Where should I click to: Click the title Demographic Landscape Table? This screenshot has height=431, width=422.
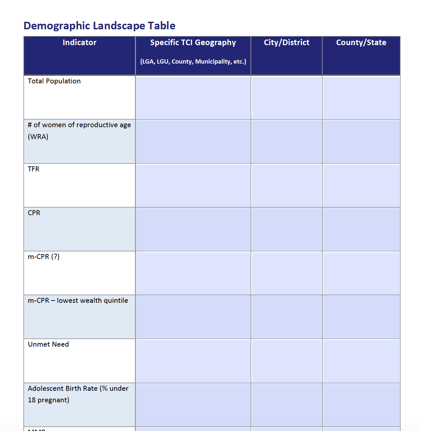pos(99,26)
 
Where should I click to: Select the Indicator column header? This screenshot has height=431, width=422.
pos(80,43)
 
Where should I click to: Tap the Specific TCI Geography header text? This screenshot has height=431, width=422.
pos(193,43)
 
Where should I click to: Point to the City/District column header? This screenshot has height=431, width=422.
pos(286,43)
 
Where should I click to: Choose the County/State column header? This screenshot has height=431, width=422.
pos(361,43)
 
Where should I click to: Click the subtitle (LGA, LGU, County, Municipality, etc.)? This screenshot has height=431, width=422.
pos(193,62)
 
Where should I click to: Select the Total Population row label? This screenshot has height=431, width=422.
pos(54,81)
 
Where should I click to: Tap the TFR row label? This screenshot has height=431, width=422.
pos(34,169)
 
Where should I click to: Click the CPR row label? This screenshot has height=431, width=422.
pos(34,213)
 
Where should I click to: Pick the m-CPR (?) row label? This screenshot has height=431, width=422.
pos(44,257)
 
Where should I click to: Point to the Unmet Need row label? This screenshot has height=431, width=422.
pos(48,344)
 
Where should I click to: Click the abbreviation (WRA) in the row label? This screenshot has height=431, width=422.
pos(38,137)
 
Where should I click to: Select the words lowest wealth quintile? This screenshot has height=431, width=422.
pos(92,301)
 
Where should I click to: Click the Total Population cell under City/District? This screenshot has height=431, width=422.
pos(286,98)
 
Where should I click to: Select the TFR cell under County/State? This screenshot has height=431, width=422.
pos(361,186)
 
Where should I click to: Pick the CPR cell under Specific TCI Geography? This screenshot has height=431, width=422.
pos(193,229)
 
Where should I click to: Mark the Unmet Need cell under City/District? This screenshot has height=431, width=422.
pos(286,361)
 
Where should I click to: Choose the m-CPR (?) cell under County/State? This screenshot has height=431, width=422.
pos(361,273)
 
